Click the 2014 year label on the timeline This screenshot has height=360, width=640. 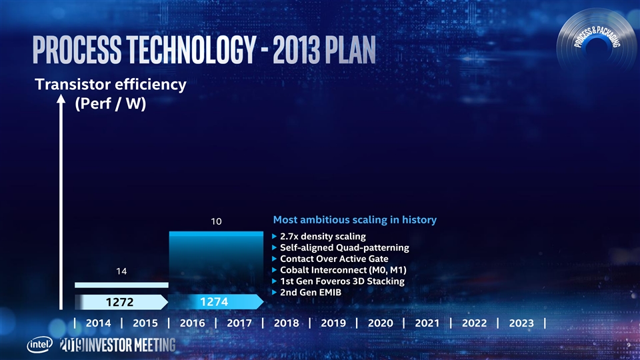(98, 323)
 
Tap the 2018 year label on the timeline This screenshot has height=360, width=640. (286, 323)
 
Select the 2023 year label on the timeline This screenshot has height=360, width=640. (521, 323)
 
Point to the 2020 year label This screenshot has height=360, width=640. (381, 323)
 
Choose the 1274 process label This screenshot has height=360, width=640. (215, 302)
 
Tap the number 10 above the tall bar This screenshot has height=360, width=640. (216, 221)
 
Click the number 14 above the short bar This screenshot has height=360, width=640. (121, 271)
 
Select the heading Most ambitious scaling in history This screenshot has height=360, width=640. (355, 219)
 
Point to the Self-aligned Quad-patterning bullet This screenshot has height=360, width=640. (344, 248)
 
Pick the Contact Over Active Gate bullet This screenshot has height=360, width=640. (334, 259)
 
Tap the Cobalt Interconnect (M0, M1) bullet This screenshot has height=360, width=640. (343, 270)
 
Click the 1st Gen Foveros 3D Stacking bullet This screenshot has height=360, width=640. (342, 281)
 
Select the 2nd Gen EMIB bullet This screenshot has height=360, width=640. (311, 293)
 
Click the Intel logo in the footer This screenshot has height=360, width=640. (38, 345)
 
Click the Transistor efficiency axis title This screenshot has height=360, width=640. (110, 85)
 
